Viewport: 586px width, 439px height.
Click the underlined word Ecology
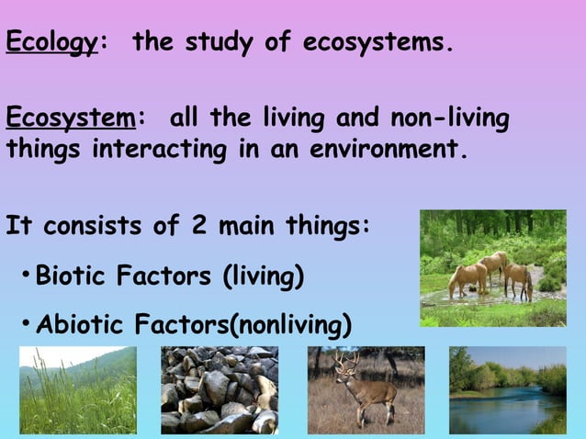pos(51,43)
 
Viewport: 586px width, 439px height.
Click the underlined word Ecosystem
pos(71,118)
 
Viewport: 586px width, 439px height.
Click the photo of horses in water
pos(492,268)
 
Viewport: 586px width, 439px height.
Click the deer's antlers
pos(345,360)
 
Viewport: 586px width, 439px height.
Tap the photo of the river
pos(507,389)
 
